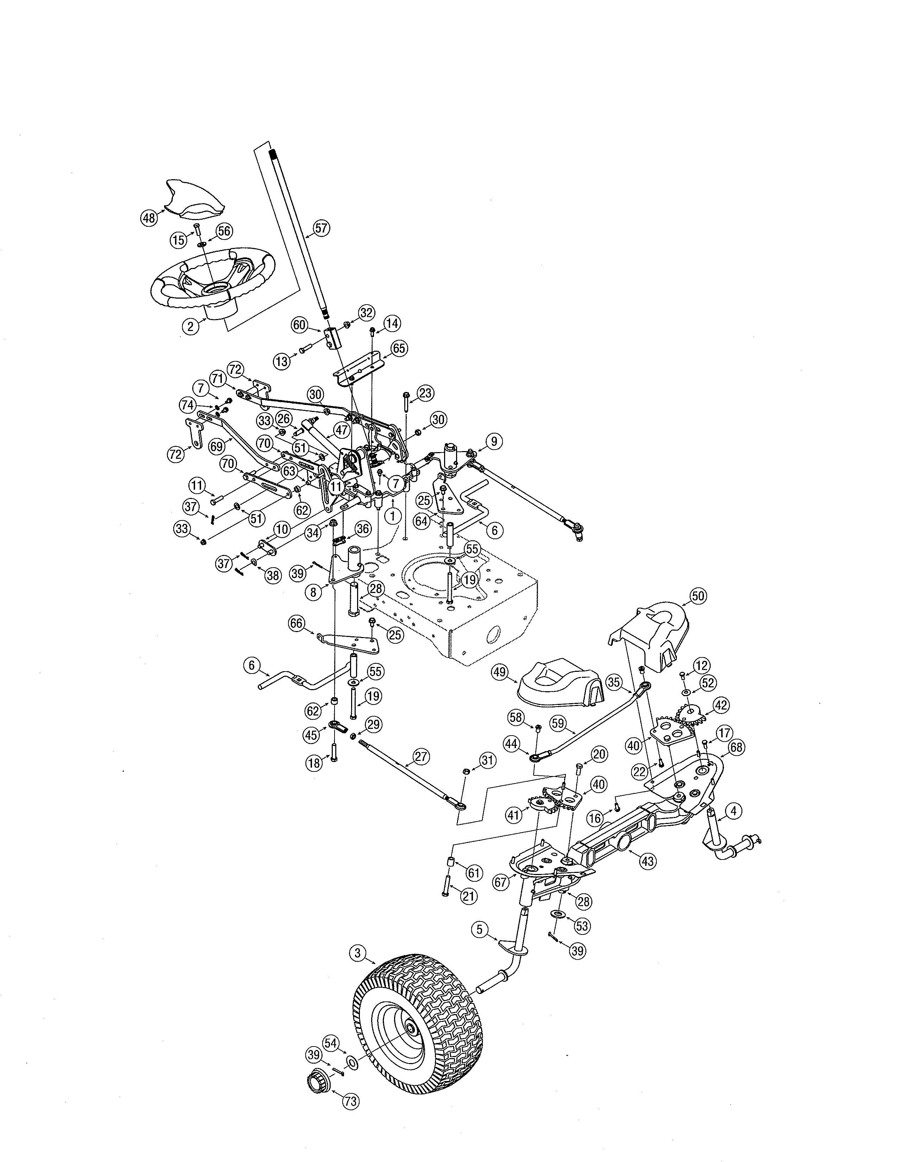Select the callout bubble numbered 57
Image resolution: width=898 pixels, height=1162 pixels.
click(321, 228)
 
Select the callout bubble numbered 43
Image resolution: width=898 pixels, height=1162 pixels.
click(647, 861)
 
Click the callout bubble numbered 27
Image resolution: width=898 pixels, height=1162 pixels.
click(421, 757)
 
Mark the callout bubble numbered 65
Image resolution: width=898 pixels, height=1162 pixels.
click(398, 349)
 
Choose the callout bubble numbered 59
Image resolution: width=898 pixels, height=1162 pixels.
click(557, 724)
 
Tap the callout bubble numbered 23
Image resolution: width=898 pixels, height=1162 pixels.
click(425, 393)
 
